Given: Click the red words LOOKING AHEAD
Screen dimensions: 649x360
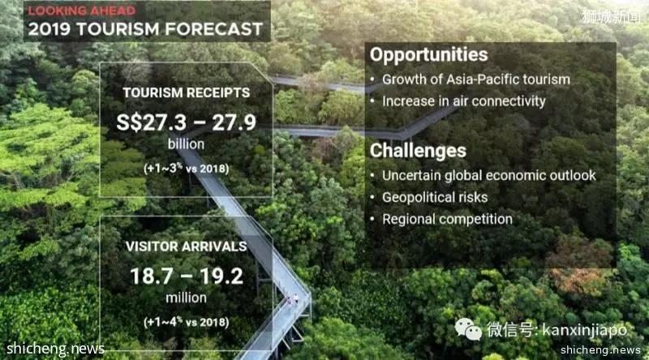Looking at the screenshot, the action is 82,11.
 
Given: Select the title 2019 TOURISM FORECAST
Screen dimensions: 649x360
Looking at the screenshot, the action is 145,29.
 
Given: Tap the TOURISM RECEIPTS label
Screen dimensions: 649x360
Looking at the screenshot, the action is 187,92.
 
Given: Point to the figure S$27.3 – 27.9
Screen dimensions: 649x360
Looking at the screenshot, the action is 187,122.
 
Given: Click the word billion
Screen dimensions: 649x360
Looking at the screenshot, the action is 186,144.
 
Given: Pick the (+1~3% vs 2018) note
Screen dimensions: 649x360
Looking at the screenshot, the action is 187,169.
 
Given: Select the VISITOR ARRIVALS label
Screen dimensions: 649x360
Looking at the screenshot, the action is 187,246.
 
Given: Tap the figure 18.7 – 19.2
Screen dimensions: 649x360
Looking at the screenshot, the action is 187,276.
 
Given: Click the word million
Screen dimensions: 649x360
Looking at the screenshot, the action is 186,298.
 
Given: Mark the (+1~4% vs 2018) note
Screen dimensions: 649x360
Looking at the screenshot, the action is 187,322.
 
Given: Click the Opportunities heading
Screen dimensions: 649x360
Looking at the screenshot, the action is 429,55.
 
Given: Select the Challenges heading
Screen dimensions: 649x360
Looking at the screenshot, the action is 418,151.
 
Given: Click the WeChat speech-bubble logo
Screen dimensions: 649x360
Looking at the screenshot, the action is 468,329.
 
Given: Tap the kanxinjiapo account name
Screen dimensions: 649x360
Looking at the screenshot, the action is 584,330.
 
